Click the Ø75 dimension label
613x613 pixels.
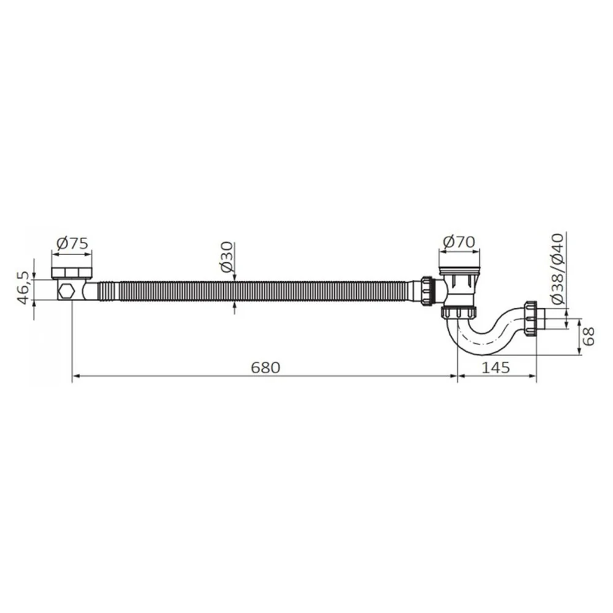click(72, 243)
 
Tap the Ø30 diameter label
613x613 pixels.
click(227, 257)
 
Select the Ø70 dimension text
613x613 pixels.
click(459, 242)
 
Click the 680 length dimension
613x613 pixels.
click(265, 367)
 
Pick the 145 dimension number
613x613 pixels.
click(496, 367)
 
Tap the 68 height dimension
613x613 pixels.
click(588, 336)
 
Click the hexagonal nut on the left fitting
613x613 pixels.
click(66, 291)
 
